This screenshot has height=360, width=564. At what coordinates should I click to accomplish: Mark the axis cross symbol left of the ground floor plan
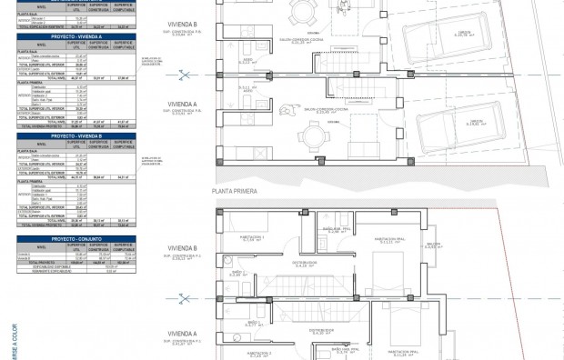pyautogui.click(x=186, y=75)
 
